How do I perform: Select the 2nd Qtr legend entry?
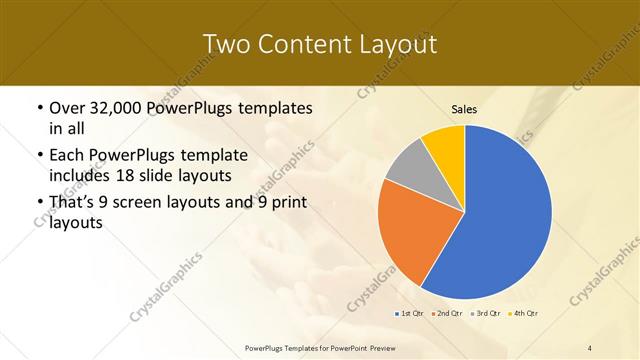[x=447, y=314]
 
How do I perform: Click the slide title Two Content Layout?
[x=319, y=44]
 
